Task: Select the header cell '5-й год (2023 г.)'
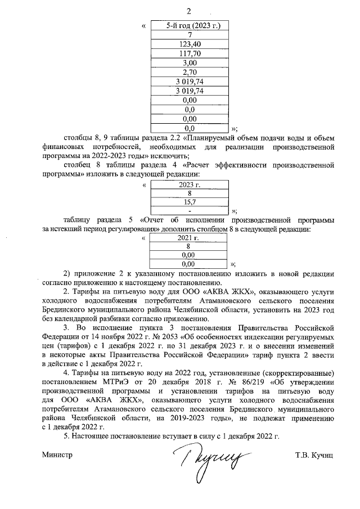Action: (190, 26)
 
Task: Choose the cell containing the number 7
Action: (190, 35)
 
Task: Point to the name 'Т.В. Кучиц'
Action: (314, 454)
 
